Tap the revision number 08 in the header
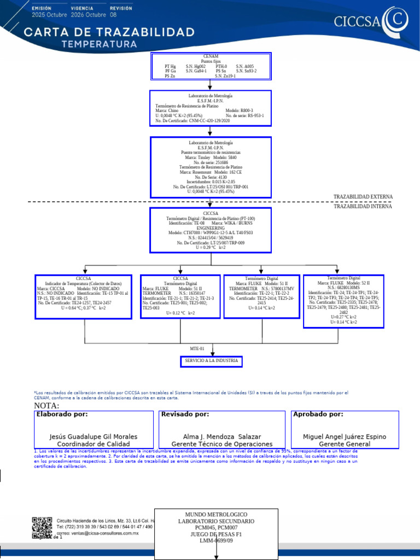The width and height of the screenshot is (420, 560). tap(113, 15)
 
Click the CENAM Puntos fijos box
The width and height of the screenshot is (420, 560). tap(211, 66)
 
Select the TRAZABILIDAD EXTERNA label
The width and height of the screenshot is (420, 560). tap(363, 196)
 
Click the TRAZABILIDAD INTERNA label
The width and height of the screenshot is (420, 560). tap(363, 206)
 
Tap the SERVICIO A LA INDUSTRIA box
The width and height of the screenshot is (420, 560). tap(211, 361)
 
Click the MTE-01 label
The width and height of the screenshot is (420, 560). tap(197, 348)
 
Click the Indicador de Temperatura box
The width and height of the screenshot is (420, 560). tap(84, 296)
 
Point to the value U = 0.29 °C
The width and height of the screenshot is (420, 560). tap(211, 247)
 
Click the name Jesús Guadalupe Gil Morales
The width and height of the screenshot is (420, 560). tap(94, 436)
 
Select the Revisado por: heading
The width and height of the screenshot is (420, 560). tap(185, 415)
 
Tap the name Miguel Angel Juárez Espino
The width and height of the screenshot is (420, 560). tap(345, 436)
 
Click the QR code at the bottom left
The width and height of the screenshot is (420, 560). tap(42, 526)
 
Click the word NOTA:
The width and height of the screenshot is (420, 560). tap(46, 405)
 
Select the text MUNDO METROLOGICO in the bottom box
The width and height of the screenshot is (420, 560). tap(217, 515)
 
